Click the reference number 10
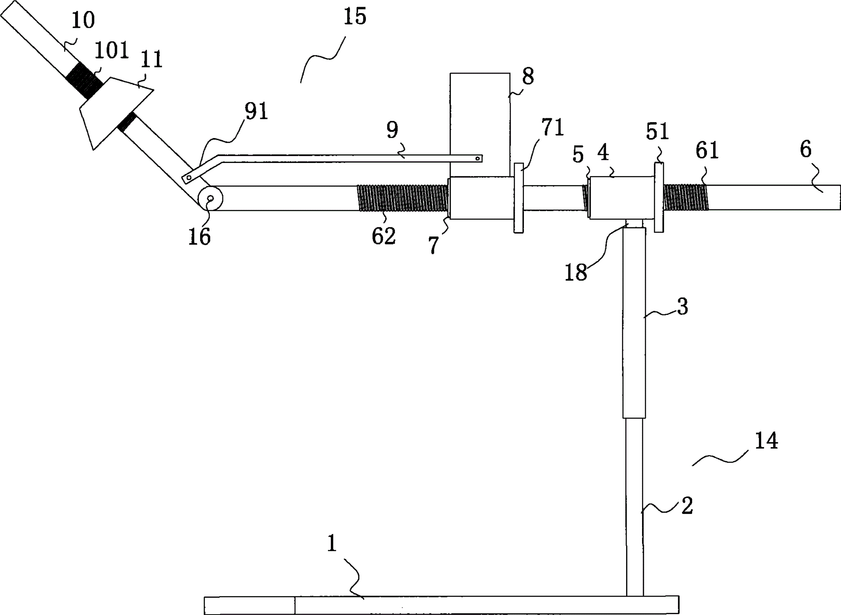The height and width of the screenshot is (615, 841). (x=83, y=21)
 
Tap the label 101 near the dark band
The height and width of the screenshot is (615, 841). (x=111, y=51)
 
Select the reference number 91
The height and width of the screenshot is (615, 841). (x=256, y=112)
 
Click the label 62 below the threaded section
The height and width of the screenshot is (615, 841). (x=383, y=237)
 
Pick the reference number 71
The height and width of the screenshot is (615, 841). (x=553, y=128)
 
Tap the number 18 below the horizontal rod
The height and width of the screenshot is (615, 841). (x=576, y=272)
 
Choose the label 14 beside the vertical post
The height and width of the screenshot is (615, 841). (x=766, y=441)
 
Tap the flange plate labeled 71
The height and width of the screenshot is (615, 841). (x=519, y=198)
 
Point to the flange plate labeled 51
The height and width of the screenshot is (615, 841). (x=659, y=197)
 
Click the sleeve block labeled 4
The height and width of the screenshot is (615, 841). (x=621, y=198)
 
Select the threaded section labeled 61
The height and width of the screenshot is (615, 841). (x=686, y=197)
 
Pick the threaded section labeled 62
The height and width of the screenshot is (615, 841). (x=402, y=198)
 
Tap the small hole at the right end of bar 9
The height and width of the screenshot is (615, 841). (x=477, y=159)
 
